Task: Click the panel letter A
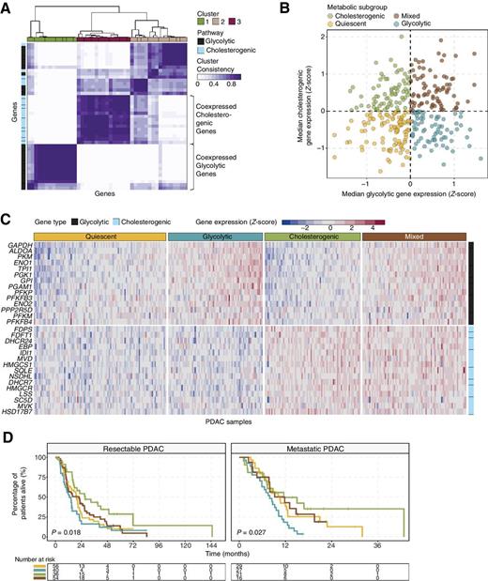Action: (7, 7)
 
